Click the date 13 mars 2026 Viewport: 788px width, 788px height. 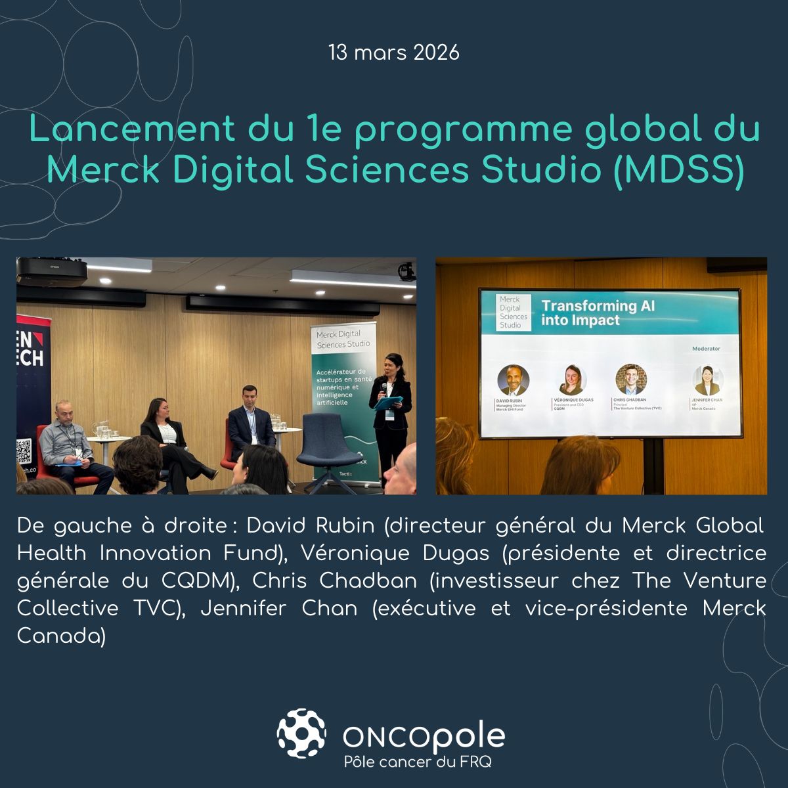pyautogui.click(x=394, y=53)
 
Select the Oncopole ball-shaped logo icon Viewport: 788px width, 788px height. pyautogui.click(x=301, y=733)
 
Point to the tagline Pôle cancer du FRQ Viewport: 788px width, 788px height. pyautogui.click(x=418, y=762)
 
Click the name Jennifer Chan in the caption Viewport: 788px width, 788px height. pyautogui.click(x=279, y=609)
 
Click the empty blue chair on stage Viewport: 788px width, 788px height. pyautogui.click(x=328, y=453)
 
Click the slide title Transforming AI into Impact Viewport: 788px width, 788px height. pyautogui.click(x=597, y=313)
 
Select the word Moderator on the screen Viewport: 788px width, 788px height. pyautogui.click(x=706, y=349)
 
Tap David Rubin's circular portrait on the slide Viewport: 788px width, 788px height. pyautogui.click(x=513, y=380)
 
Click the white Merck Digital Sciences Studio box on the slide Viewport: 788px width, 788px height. pyautogui.click(x=514, y=312)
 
